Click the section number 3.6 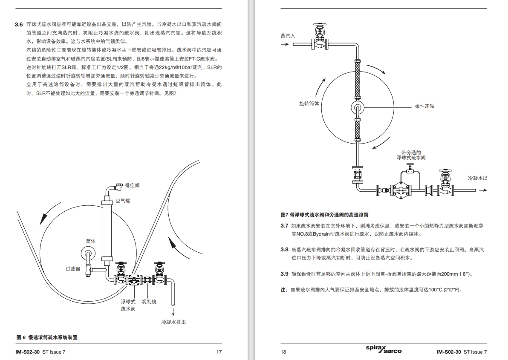18,25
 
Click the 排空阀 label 132,185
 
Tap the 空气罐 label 123,200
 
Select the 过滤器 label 73,269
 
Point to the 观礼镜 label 149,301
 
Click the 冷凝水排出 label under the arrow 173,322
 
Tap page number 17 219,352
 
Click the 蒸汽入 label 288,36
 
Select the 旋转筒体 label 309,104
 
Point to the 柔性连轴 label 425,106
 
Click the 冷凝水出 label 477,178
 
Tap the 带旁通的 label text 411,152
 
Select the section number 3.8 284,250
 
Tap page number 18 283,352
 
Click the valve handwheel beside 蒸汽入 318,26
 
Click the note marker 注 283,290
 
